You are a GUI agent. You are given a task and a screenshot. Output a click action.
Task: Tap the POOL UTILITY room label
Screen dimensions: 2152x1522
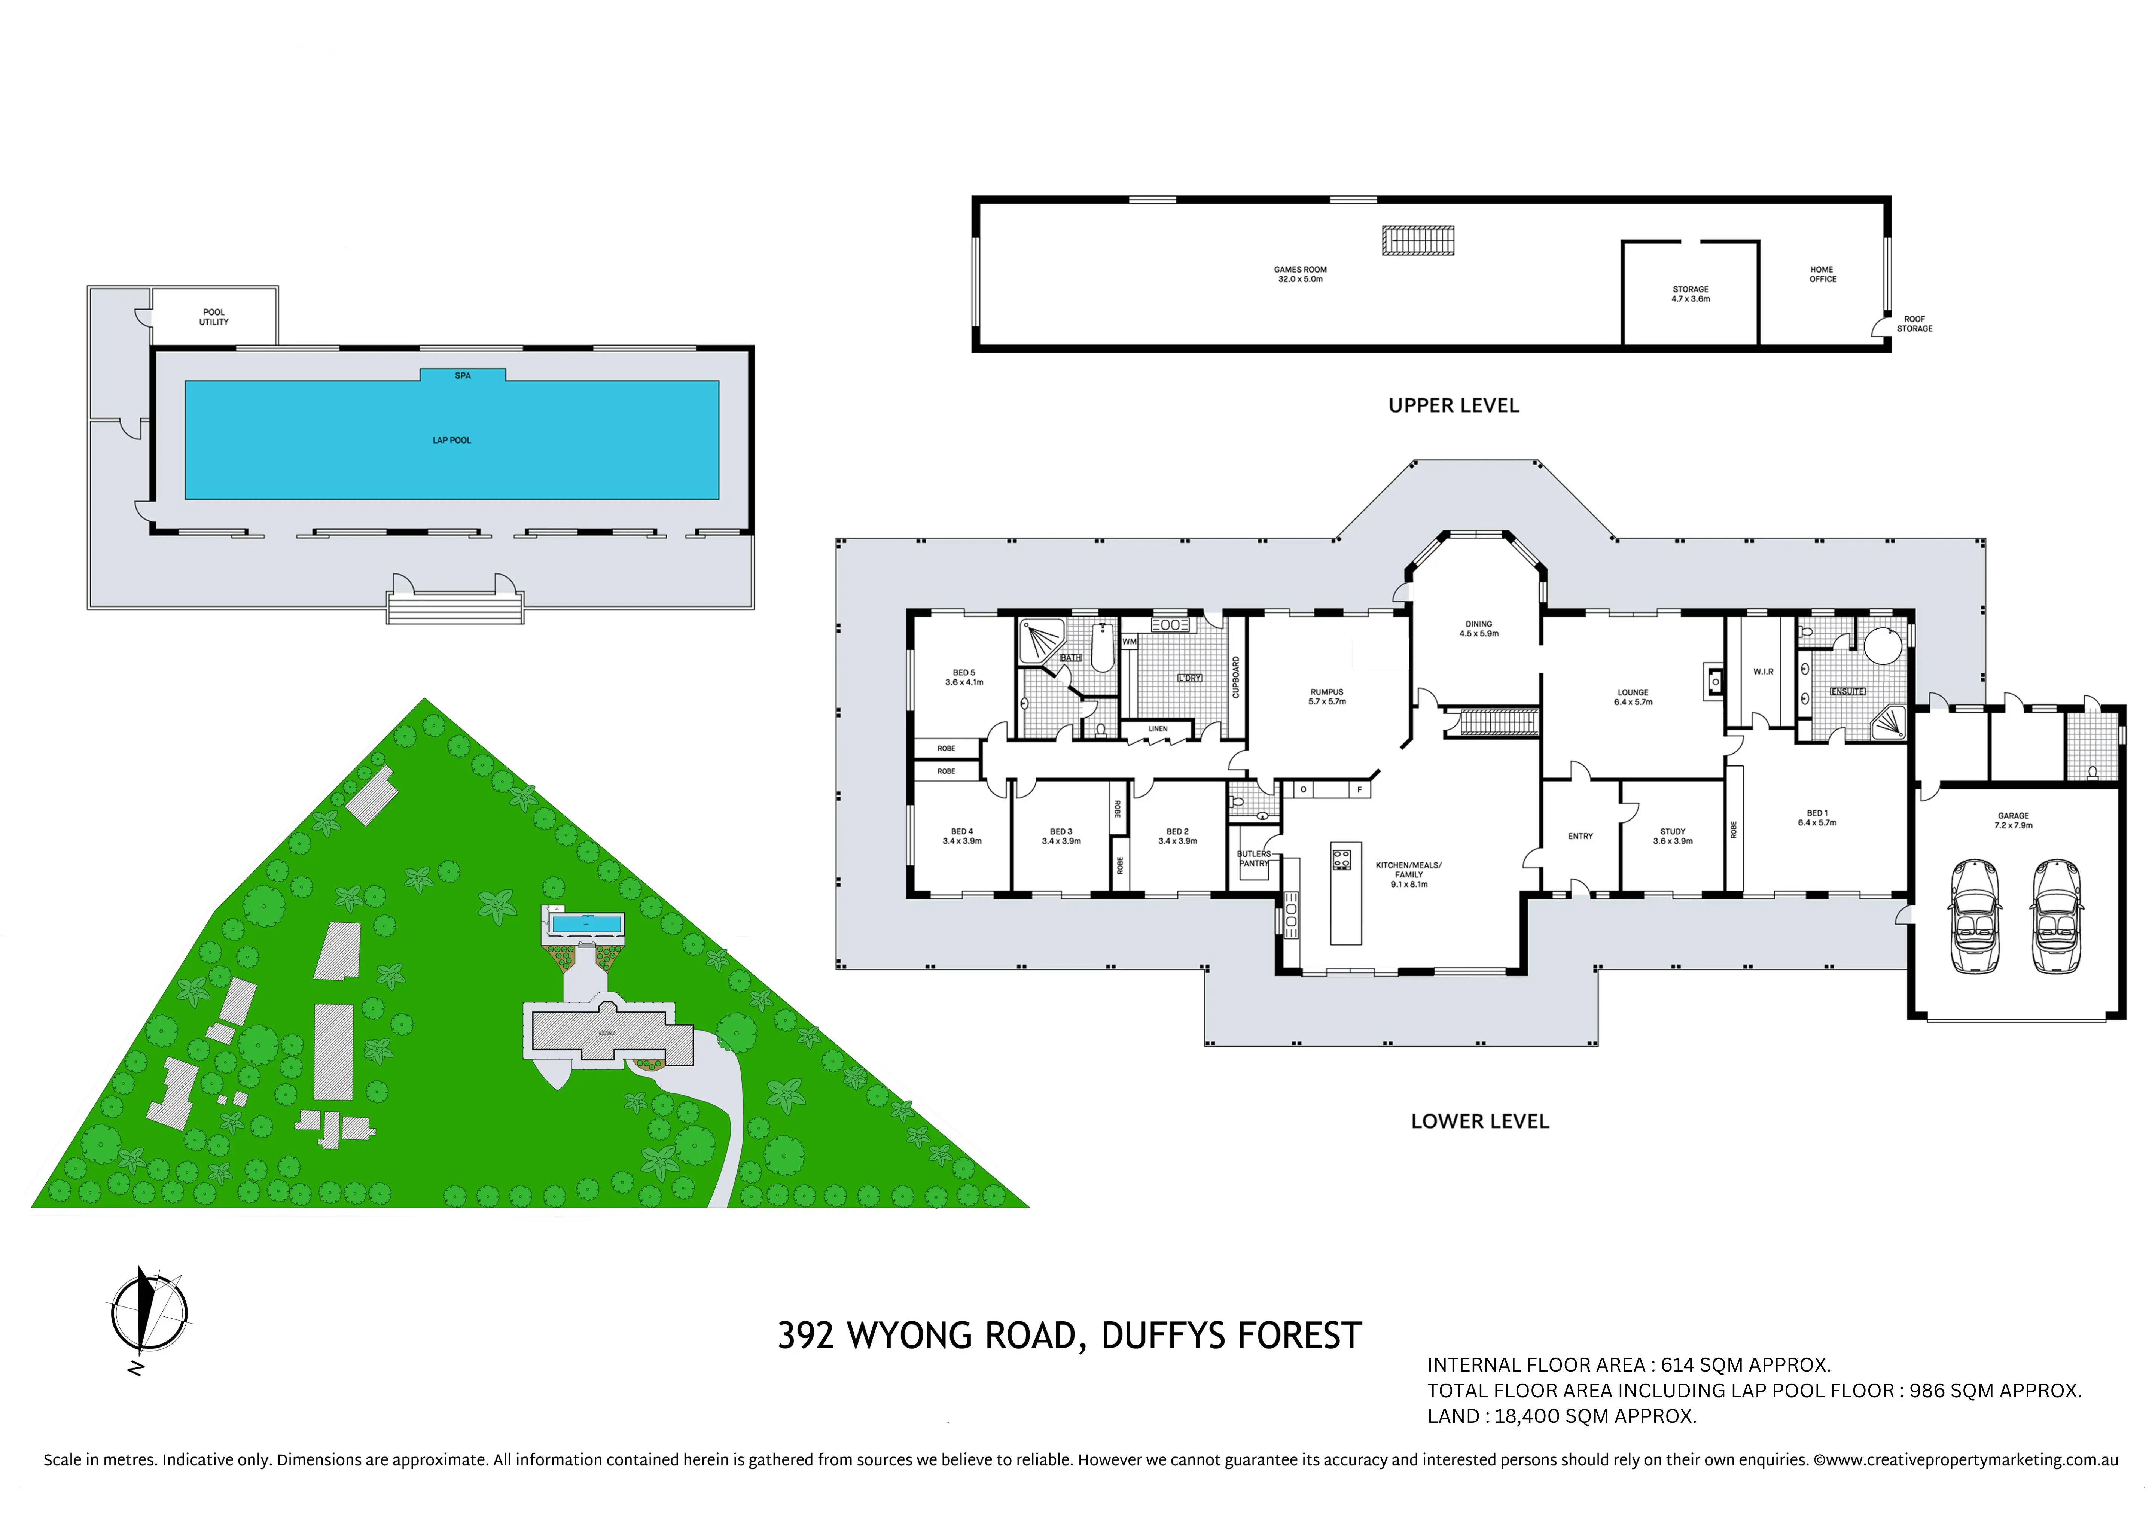pos(214,317)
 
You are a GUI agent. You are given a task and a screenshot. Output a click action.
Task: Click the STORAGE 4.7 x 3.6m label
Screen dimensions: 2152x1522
pos(1691,294)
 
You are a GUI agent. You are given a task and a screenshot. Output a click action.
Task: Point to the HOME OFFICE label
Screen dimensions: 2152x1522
pos(1822,274)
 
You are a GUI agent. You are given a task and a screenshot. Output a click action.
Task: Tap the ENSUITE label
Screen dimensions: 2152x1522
pos(1847,692)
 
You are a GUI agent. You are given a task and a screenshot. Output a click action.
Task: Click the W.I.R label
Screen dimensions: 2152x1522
pos(1763,672)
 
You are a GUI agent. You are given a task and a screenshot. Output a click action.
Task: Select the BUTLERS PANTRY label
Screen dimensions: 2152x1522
pos(1254,858)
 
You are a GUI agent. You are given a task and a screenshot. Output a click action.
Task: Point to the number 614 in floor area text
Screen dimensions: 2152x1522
pos(1678,1366)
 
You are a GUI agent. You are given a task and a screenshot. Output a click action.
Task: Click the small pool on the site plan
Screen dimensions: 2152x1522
pos(586,924)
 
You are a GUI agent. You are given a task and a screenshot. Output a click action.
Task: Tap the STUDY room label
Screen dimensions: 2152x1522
pos(1673,836)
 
